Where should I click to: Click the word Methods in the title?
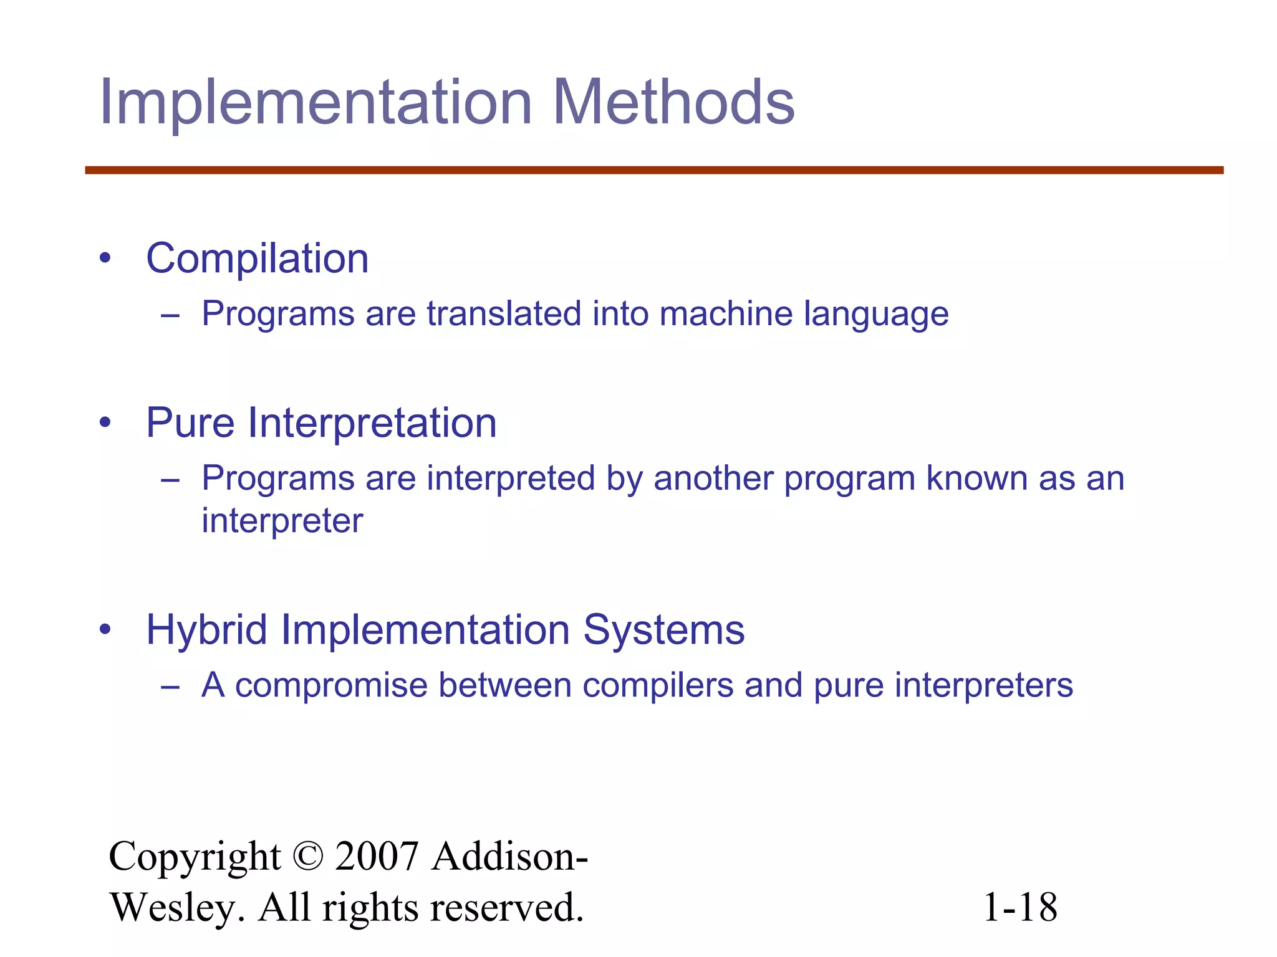coord(673,102)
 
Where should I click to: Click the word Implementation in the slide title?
coord(316,102)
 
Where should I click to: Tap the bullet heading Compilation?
coord(257,259)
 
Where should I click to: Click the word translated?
coord(504,313)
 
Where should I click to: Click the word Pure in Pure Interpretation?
coord(190,423)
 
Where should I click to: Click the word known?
coord(976,478)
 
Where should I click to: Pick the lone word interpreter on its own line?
coord(282,521)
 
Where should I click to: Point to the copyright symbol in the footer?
coord(307,857)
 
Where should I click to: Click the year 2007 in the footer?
coord(376,857)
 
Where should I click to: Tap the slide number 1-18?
coord(1020,907)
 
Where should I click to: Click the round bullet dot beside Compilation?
coord(105,259)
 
